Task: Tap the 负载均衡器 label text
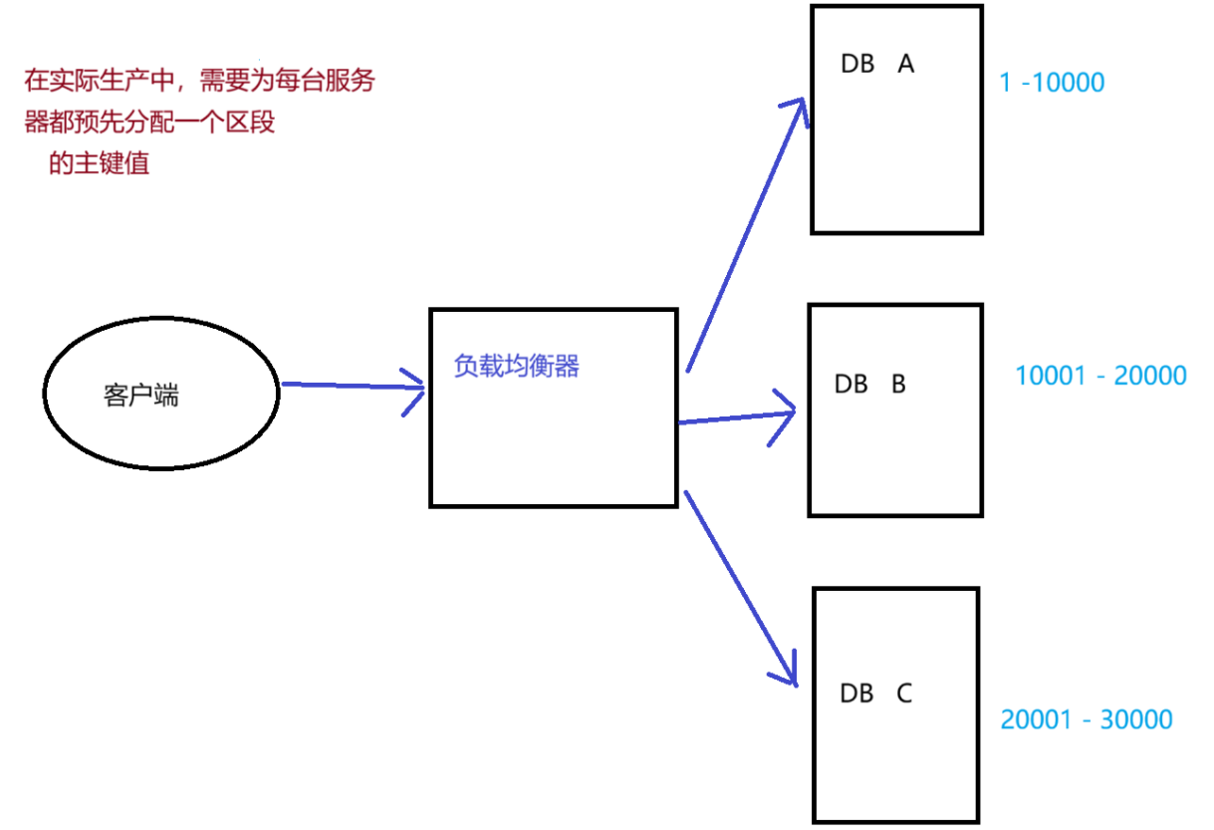[x=516, y=367]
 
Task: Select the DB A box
[x=896, y=149]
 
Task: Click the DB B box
[x=894, y=448]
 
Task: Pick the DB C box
[x=895, y=757]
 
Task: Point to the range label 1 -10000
[x=1052, y=82]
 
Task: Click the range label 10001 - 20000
[x=1100, y=376]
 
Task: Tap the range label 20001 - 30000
[x=1087, y=719]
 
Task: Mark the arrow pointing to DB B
[x=737, y=416]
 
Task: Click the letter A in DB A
[x=906, y=64]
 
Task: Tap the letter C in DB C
[x=904, y=693]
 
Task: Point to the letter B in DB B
[x=898, y=384]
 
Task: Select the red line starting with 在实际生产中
[x=199, y=81]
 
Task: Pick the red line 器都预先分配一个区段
[x=149, y=124]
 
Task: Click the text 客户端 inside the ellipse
[x=140, y=396]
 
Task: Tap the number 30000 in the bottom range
[x=1136, y=719]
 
